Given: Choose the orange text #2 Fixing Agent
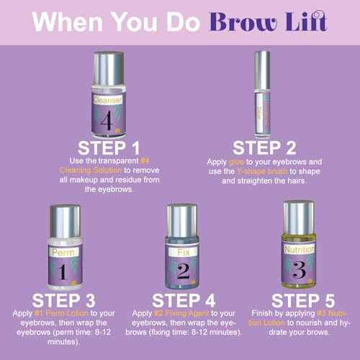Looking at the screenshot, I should [179, 315].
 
